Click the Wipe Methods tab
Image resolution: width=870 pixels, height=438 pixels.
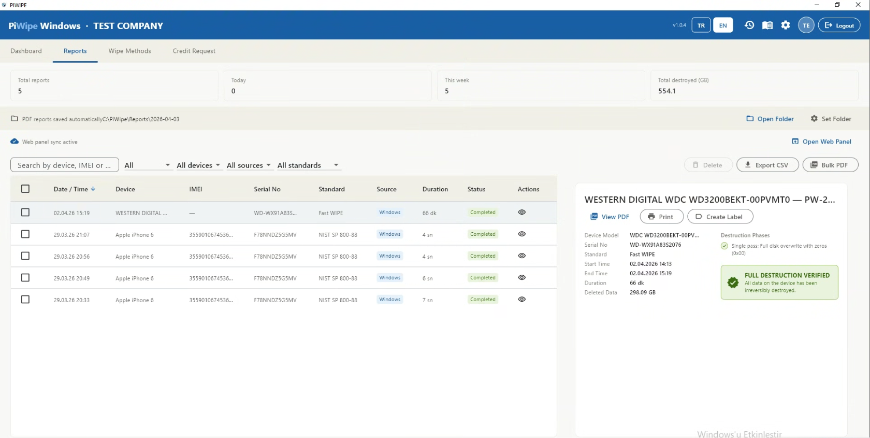pos(129,51)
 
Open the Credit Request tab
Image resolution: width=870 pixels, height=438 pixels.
pos(194,51)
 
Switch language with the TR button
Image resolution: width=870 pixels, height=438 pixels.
pos(701,25)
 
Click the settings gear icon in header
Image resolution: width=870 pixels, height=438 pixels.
pos(786,25)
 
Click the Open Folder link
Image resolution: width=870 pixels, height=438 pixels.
pos(770,119)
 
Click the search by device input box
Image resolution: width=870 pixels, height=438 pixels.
pos(64,165)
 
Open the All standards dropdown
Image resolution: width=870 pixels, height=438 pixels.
pos(308,165)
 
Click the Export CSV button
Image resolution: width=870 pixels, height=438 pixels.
pos(767,165)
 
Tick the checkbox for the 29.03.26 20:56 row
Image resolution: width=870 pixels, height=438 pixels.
pos(25,256)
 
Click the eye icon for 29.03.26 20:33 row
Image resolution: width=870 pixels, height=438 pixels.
pos(521,300)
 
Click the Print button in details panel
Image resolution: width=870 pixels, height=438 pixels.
pos(661,217)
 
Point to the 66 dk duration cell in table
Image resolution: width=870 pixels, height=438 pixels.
pos(429,213)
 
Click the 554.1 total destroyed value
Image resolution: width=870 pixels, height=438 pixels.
pos(666,91)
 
